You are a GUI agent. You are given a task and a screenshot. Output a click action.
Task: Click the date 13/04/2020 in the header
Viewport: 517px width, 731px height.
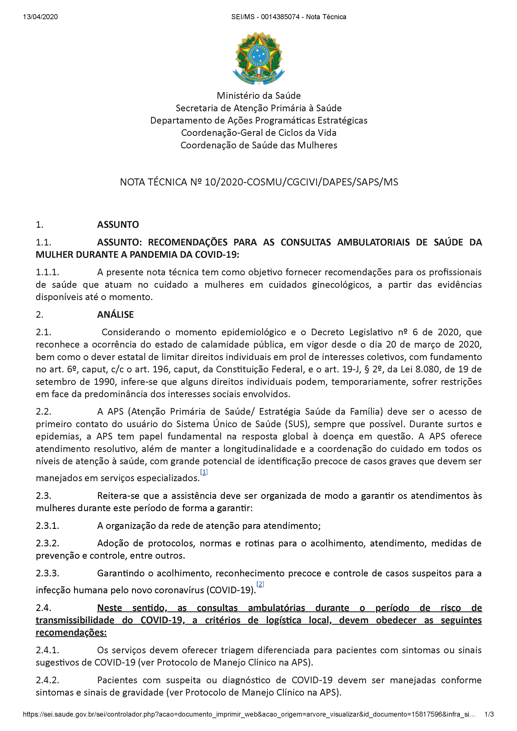(x=40, y=17)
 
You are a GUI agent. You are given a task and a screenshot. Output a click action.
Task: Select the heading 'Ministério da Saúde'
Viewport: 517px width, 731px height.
(x=259, y=95)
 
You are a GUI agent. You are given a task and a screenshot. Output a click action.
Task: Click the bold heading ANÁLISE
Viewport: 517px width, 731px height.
(x=115, y=315)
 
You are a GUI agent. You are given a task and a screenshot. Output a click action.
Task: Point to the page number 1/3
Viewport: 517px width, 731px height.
(x=489, y=714)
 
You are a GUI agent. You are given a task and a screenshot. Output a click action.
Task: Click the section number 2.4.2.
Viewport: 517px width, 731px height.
(x=48, y=680)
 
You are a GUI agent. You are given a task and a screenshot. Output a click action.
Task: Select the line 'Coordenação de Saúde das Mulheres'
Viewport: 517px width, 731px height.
(x=259, y=145)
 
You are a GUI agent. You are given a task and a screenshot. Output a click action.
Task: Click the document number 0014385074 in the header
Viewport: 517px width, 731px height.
(x=280, y=17)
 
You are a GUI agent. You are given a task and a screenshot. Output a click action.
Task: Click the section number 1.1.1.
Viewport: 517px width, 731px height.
(x=48, y=272)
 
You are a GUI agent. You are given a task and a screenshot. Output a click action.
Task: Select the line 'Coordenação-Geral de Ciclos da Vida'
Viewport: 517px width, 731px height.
(x=259, y=133)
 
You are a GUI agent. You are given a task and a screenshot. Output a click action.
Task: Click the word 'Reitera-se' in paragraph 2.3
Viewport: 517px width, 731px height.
(x=118, y=496)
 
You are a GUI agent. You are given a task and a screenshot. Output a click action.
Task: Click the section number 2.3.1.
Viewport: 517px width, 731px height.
(x=48, y=526)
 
